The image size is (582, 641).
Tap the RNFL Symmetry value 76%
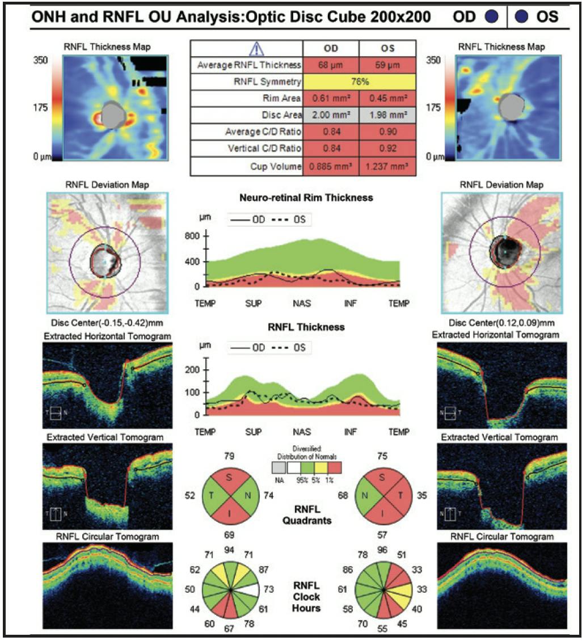point(360,82)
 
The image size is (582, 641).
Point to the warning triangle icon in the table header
point(247,48)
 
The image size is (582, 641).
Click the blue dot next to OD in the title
point(492,16)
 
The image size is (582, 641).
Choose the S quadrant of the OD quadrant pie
point(230,478)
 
